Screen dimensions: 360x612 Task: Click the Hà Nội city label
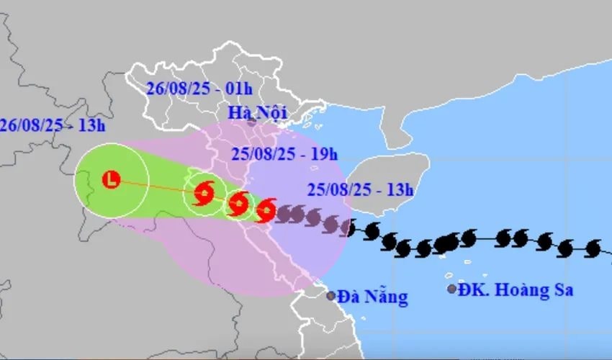click(257, 112)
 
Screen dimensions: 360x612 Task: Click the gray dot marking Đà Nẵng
click(330, 295)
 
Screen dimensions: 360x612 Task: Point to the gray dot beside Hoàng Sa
click(452, 289)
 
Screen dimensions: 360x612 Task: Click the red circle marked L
click(112, 179)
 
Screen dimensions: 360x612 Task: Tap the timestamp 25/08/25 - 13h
click(360, 190)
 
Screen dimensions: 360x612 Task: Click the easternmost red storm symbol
click(266, 210)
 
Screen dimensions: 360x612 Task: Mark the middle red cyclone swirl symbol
click(238, 204)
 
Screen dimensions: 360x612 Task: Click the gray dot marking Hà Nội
click(251, 123)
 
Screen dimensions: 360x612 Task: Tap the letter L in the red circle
click(112, 179)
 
